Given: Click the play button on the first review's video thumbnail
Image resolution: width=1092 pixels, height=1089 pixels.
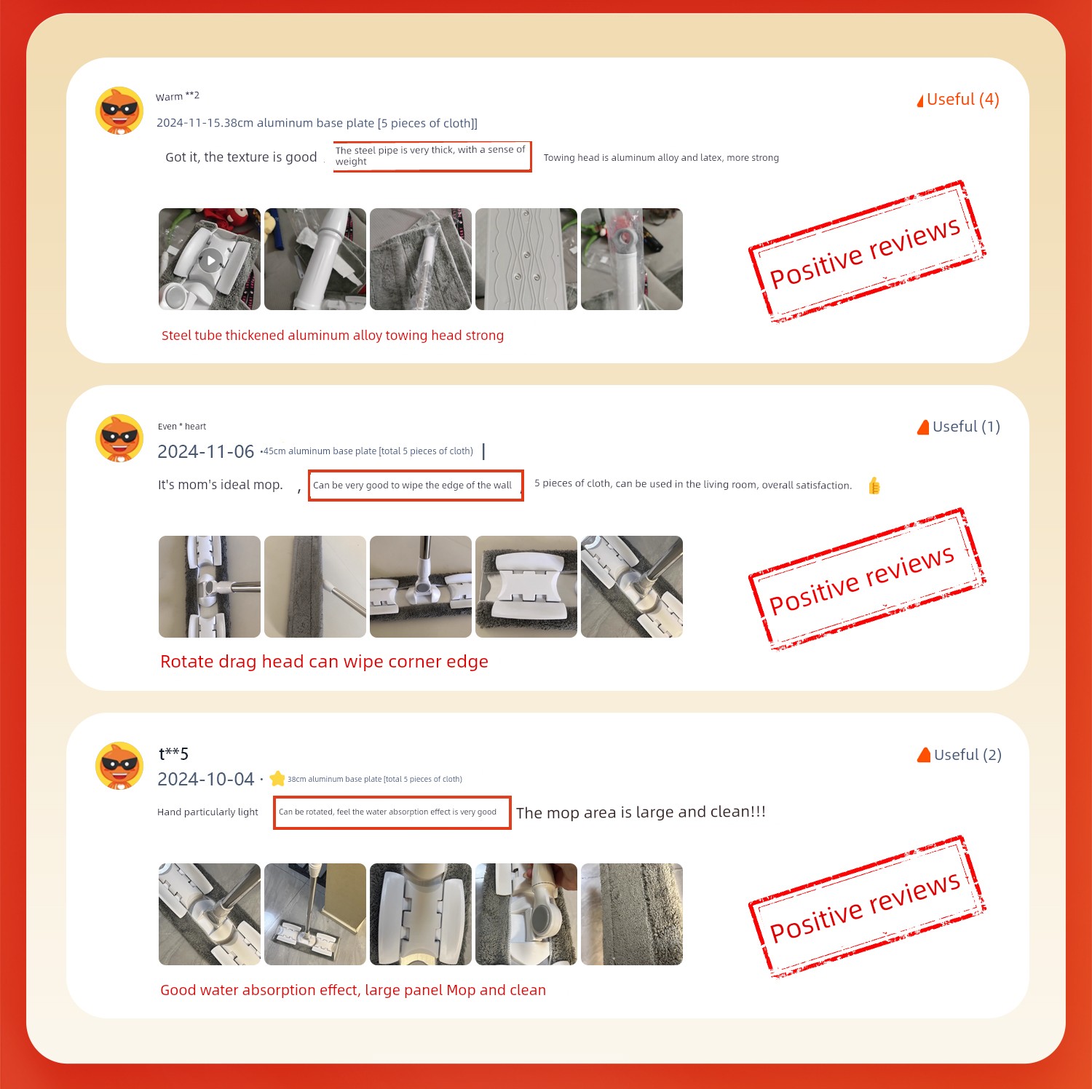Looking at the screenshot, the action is tap(211, 260).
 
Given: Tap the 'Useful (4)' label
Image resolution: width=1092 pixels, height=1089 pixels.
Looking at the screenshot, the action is tap(958, 100).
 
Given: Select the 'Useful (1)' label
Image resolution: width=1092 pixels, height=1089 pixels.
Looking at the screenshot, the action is tap(959, 427).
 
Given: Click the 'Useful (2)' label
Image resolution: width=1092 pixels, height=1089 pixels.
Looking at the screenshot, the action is tap(960, 755).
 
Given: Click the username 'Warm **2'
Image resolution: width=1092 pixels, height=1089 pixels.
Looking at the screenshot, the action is tap(178, 96).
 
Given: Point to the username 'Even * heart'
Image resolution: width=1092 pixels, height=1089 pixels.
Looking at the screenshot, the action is tap(182, 427).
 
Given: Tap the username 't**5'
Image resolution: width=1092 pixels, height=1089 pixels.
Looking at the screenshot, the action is tap(174, 753).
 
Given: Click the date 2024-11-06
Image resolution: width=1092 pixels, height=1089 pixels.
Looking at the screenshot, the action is tap(206, 452).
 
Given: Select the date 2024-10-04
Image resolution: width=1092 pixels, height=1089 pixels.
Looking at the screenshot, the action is tap(206, 780).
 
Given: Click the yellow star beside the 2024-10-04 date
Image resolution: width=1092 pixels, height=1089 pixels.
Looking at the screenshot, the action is tap(277, 779).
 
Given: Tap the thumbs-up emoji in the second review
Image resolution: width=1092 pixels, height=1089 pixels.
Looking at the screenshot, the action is tap(874, 486).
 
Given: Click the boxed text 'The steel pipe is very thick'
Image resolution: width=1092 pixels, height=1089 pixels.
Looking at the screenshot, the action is tap(432, 157).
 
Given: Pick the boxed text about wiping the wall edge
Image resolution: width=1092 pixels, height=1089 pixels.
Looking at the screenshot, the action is tap(416, 486).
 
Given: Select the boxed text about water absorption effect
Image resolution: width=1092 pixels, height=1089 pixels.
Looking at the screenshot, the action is tap(392, 812).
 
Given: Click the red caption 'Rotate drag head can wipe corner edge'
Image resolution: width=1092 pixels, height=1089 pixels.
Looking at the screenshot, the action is tap(324, 662).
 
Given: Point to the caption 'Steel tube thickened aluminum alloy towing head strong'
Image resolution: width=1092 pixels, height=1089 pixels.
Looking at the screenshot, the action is tap(333, 336).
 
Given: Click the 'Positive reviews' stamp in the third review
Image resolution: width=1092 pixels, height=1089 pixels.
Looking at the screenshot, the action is tap(866, 907).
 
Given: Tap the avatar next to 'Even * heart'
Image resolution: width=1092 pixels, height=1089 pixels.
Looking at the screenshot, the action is tap(119, 438).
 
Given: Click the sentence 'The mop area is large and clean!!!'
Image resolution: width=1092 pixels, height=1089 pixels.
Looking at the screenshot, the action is tap(641, 812).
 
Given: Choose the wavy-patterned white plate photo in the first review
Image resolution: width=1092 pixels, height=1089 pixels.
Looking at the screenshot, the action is tap(526, 259).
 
